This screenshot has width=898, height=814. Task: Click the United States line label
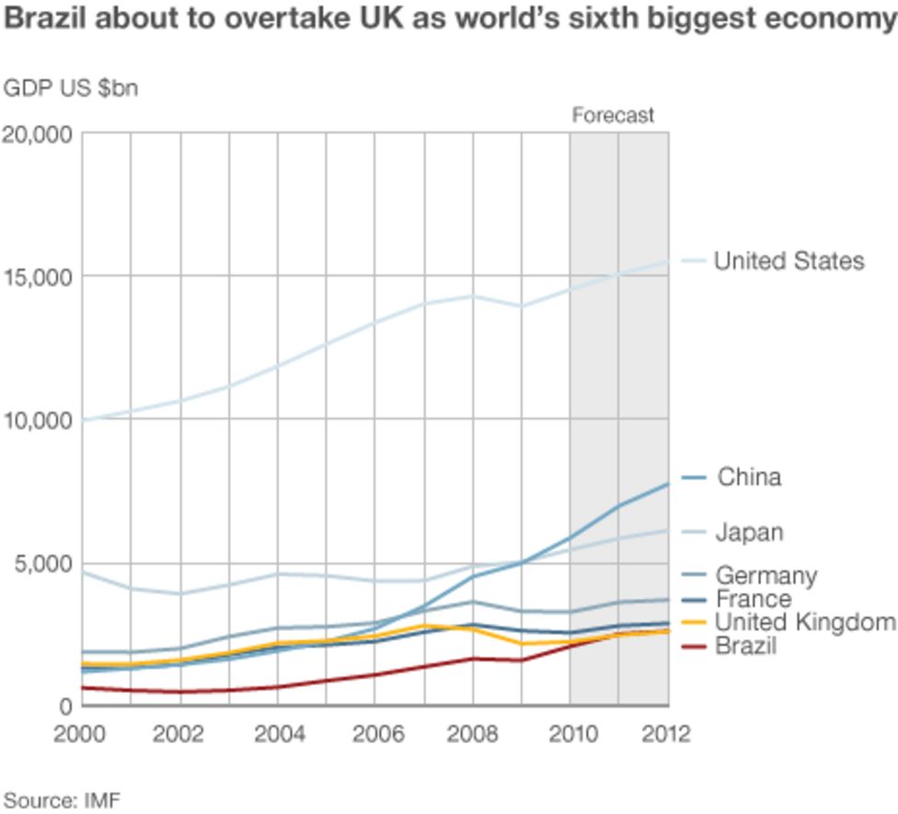pyautogui.click(x=789, y=261)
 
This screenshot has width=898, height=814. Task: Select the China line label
pyautogui.click(x=749, y=477)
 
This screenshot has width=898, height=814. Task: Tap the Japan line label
pyautogui.click(x=749, y=533)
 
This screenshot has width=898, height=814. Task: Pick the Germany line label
pyautogui.click(x=766, y=576)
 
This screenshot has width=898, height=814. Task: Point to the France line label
pyautogui.click(x=753, y=599)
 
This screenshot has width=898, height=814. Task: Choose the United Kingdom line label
pyautogui.click(x=805, y=623)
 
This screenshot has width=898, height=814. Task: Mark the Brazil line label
pyautogui.click(x=746, y=646)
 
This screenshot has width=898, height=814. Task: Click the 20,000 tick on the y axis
pyautogui.click(x=39, y=134)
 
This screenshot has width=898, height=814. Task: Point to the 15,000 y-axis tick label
pyautogui.click(x=39, y=277)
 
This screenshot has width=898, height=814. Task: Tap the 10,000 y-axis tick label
pyautogui.click(x=39, y=420)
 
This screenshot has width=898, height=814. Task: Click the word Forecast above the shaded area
pyautogui.click(x=613, y=116)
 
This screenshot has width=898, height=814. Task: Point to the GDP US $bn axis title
pyautogui.click(x=71, y=89)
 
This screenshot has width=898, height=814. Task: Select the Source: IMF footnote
pyautogui.click(x=62, y=798)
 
